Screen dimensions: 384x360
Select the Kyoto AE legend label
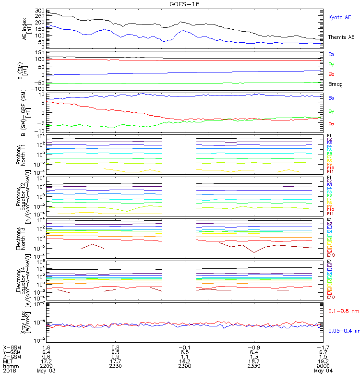click(x=339, y=17)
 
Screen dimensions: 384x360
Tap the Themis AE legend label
click(x=341, y=37)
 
